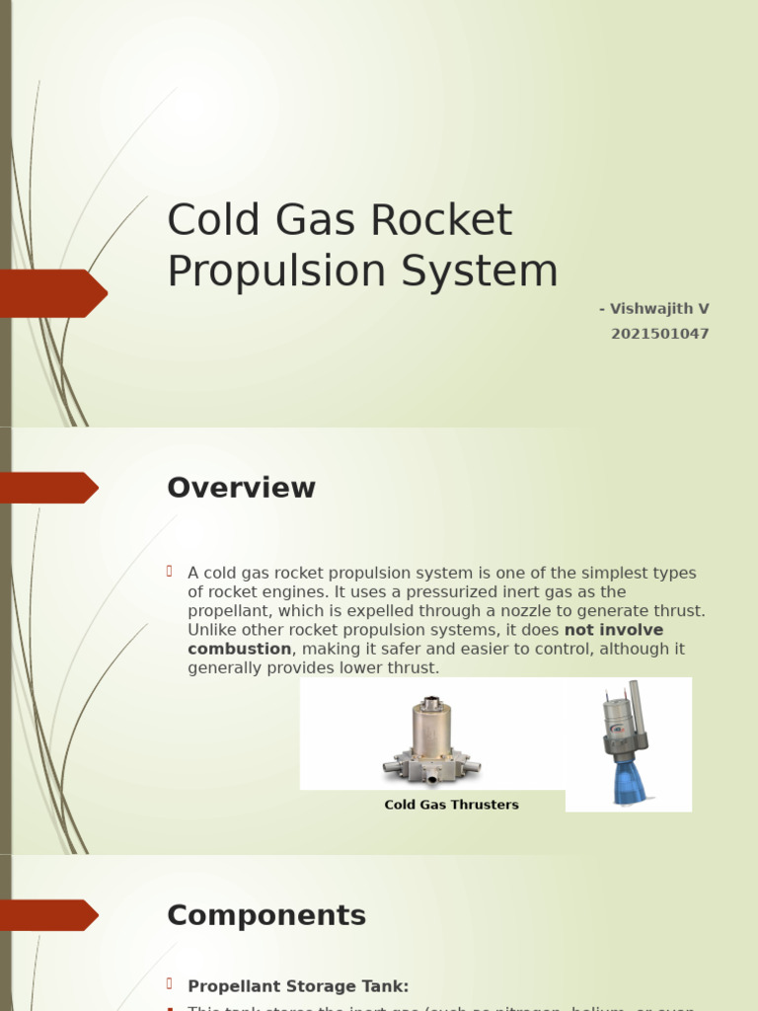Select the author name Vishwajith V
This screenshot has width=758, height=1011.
[x=659, y=309]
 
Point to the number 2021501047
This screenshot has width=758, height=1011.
[x=659, y=334]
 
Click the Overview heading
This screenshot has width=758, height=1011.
[x=241, y=488]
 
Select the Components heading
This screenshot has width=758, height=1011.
[x=265, y=915]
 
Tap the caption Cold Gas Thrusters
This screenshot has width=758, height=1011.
[x=451, y=805]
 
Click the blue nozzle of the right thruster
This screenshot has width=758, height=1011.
[x=629, y=781]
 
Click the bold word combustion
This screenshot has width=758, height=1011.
[x=239, y=649]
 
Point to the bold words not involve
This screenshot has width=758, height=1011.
[x=613, y=630]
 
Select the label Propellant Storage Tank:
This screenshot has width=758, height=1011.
[x=298, y=986]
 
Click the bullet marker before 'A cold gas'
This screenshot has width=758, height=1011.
[x=170, y=572]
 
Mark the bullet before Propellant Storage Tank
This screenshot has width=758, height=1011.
[x=170, y=984]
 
